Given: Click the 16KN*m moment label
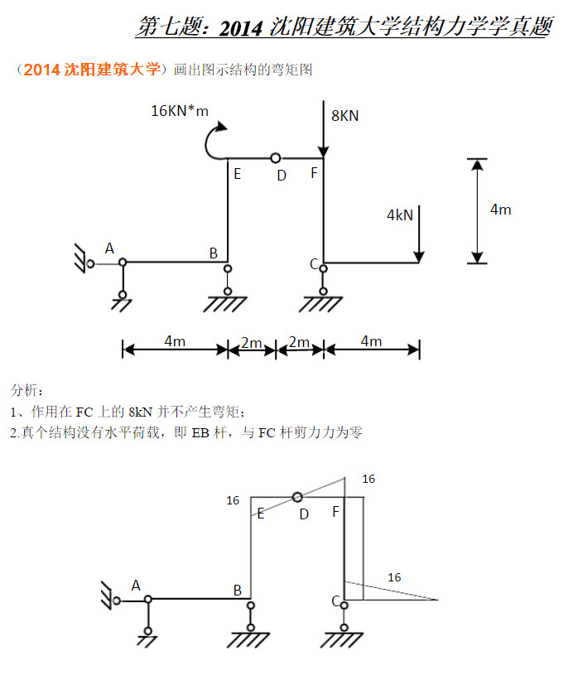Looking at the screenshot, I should (x=180, y=111).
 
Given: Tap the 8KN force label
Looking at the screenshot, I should (x=344, y=116).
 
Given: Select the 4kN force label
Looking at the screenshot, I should (x=399, y=215).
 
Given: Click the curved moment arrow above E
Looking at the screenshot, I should (x=214, y=141).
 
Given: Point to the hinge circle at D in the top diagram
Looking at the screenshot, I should (x=275, y=157).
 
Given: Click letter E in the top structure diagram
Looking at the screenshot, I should (x=237, y=174).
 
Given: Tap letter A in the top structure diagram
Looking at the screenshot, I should (x=109, y=248).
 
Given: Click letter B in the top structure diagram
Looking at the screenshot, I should (x=213, y=253).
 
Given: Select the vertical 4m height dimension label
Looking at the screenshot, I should (x=500, y=210).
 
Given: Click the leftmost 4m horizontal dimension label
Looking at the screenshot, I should (x=174, y=341).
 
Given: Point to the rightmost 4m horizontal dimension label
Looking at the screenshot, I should (x=371, y=341).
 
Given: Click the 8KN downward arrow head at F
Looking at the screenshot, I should (x=323, y=151).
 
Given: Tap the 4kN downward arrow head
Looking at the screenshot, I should (x=420, y=256).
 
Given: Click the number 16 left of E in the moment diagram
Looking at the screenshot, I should (x=233, y=500).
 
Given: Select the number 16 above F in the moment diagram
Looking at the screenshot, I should (x=368, y=479).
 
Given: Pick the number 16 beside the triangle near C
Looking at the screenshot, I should (x=394, y=577).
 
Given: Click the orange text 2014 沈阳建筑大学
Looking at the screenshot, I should (x=91, y=70).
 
